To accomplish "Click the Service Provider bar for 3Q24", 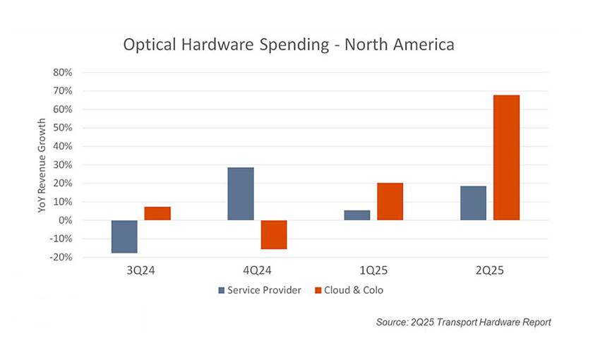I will click(124, 236).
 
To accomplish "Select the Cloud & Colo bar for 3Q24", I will click(158, 213).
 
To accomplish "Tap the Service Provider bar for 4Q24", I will click(241, 194).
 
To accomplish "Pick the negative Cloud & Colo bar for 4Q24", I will click(274, 234).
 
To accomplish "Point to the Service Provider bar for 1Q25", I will click(357, 215).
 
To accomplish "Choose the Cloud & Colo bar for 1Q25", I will click(390, 202).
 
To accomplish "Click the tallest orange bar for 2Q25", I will click(507, 157).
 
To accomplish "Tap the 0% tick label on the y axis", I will click(66, 220).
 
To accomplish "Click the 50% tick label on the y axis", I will click(63, 128).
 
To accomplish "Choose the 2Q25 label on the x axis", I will click(490, 270).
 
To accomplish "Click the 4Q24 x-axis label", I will click(257, 270).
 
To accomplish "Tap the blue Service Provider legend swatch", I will click(222, 290).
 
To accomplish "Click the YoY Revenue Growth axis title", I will click(42, 164).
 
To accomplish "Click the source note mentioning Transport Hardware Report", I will click(463, 322).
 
